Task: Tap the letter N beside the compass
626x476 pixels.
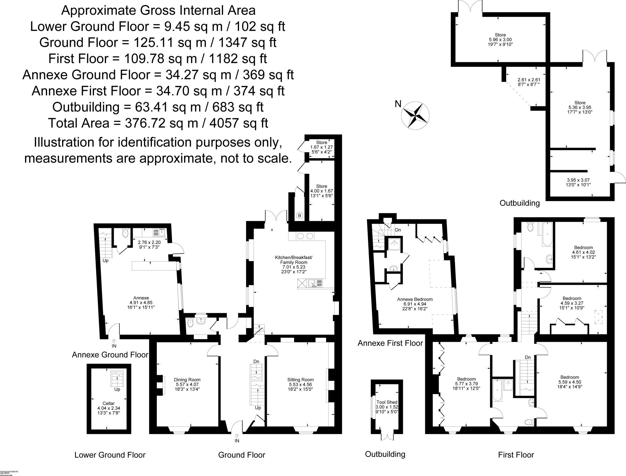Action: coord(398,104)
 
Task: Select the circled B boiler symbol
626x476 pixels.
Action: coord(300,216)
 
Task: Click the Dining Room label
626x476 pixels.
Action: coord(187,384)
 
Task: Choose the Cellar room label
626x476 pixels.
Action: coord(109,408)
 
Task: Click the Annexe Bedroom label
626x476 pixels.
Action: coord(415,304)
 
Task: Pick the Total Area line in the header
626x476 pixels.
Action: coord(158,123)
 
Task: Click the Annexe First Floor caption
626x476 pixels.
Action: coord(390,343)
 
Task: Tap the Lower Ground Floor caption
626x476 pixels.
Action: coord(110,455)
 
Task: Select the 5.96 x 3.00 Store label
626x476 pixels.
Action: coord(500,40)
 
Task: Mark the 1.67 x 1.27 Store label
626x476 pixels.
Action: coord(321,147)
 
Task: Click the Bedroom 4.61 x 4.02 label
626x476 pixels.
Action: coord(583,252)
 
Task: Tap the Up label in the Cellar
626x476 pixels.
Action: coord(117,390)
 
